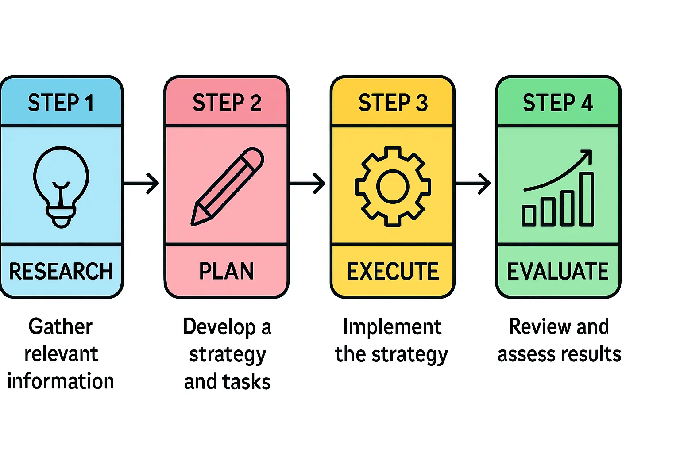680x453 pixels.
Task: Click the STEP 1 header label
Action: (61, 103)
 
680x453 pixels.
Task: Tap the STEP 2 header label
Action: (227, 103)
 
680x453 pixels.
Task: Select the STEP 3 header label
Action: (393, 103)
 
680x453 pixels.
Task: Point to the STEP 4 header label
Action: (558, 103)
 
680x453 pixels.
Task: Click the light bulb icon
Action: (61, 186)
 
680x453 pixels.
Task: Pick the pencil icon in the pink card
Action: (227, 187)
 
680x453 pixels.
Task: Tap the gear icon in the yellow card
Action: (393, 186)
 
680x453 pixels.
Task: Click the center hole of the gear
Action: (393, 186)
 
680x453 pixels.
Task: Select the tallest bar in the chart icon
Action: (586, 199)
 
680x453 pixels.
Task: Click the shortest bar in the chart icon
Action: (529, 216)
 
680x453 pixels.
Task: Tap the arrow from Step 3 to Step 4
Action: (473, 183)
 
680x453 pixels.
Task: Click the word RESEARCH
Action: (61, 271)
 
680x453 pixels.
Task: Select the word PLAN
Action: (227, 271)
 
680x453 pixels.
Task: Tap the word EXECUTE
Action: (393, 271)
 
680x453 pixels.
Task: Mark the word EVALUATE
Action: (558, 271)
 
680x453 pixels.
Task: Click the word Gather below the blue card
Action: (61, 327)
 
